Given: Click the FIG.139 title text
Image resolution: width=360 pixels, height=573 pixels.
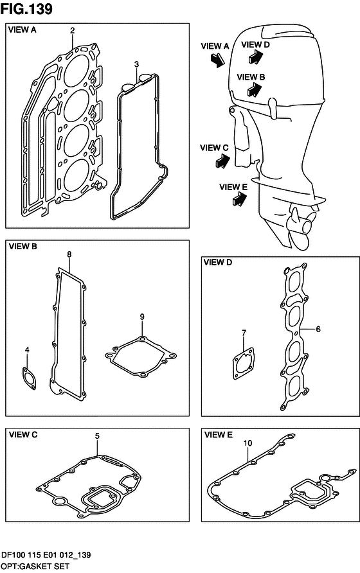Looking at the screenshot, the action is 26,9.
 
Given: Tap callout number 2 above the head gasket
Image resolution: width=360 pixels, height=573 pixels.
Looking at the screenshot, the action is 73,30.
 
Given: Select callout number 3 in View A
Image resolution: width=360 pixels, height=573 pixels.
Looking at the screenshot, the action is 136,64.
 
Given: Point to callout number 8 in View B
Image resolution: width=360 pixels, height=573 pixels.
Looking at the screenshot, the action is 69,254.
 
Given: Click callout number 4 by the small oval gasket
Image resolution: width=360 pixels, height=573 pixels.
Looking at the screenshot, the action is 27,350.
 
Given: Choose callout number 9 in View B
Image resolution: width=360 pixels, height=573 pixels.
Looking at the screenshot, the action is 142,317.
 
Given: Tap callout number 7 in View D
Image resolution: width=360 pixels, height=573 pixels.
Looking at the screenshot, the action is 244,333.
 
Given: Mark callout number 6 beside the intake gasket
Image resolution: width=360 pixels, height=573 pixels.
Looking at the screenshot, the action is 318,329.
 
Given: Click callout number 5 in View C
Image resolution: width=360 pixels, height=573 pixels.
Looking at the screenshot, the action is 97,436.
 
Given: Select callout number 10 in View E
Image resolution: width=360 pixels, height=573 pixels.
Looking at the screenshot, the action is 248,443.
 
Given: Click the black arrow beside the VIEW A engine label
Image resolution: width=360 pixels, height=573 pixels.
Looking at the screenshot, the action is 218,60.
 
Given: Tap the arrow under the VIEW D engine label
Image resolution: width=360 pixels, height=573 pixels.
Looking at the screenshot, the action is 255,57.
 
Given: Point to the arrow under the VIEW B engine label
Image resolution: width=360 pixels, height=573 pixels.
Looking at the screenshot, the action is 255,89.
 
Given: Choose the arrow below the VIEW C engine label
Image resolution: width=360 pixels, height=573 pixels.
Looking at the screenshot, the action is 222,161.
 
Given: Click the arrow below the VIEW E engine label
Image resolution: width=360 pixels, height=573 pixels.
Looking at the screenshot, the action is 239,200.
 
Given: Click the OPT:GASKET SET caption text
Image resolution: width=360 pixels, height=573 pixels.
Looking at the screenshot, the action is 35,567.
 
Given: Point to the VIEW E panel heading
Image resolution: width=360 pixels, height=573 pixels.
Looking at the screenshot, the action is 219,435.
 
